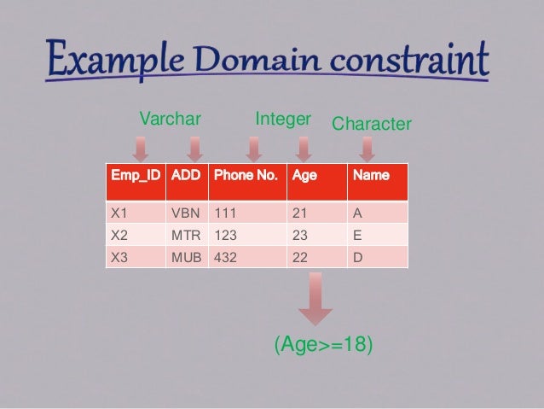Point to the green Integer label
click(x=283, y=120)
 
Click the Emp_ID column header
click(x=135, y=176)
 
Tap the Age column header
click(x=304, y=176)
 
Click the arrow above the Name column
click(x=367, y=149)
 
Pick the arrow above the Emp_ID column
click(x=141, y=149)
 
